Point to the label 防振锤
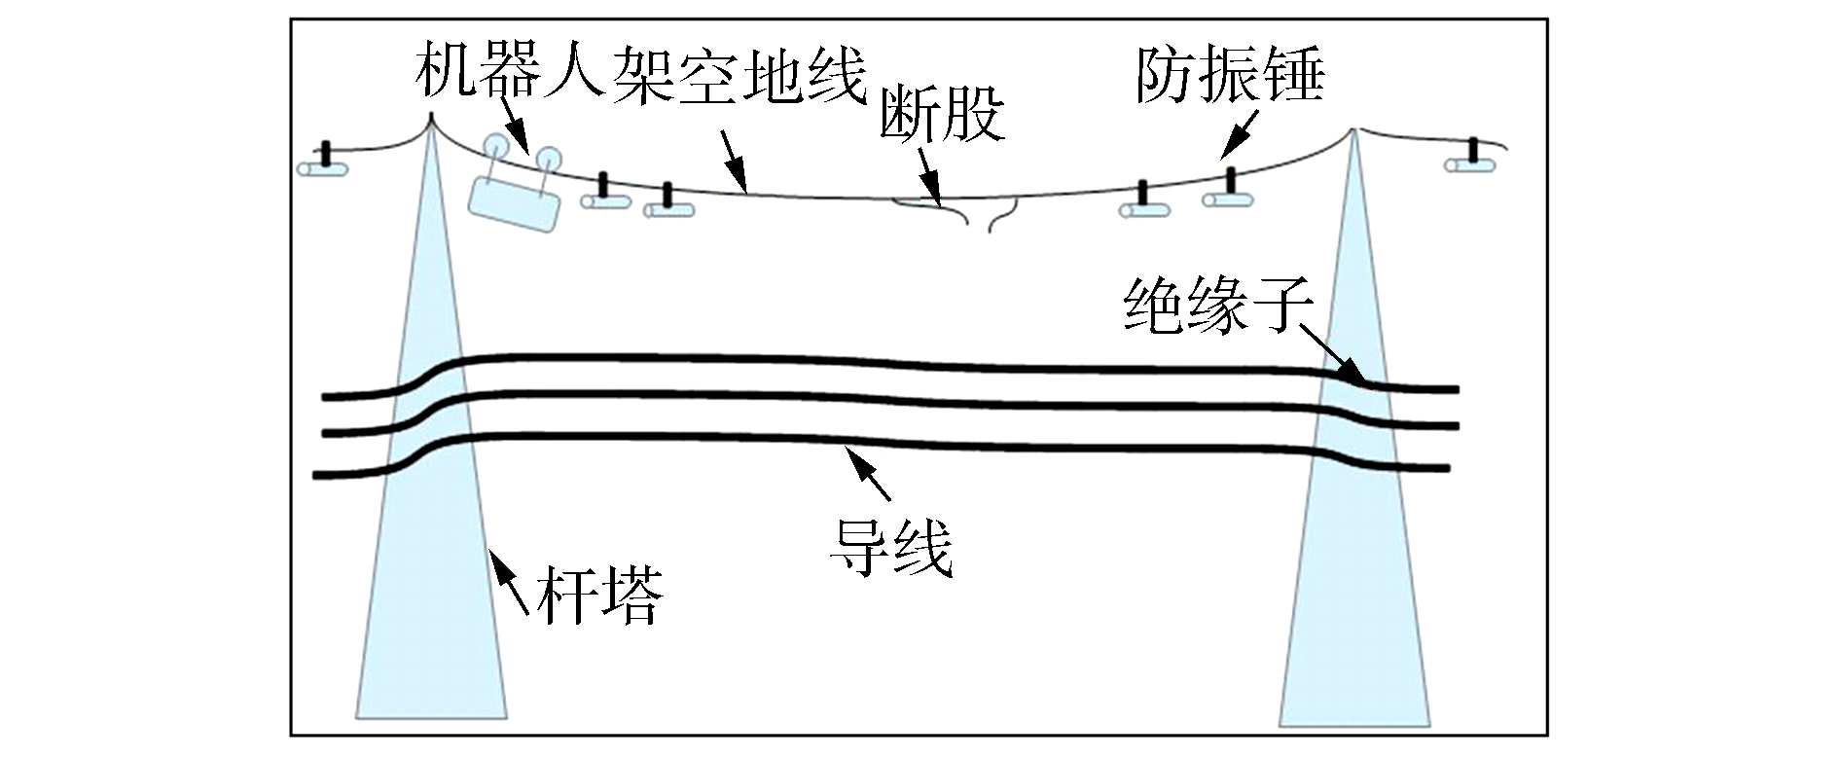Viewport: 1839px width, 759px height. click(x=1230, y=75)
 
